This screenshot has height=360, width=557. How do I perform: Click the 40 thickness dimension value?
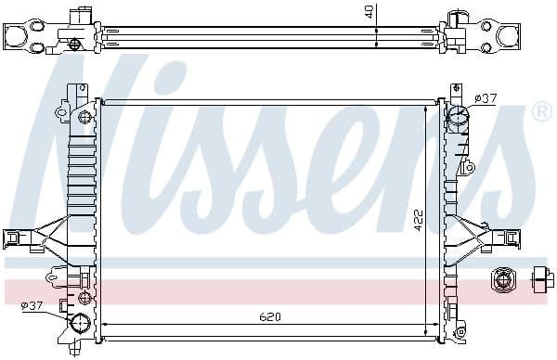pos(369,11)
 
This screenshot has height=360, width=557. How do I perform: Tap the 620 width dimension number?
pos(269,317)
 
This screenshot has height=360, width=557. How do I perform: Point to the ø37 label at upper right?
pos(485,98)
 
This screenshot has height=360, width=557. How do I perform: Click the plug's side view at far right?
pos(539,279)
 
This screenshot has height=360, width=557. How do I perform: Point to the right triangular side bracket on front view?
pos(482,236)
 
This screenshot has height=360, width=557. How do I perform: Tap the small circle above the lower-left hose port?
pos(84,298)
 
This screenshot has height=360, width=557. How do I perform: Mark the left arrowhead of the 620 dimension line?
pos(104,325)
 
